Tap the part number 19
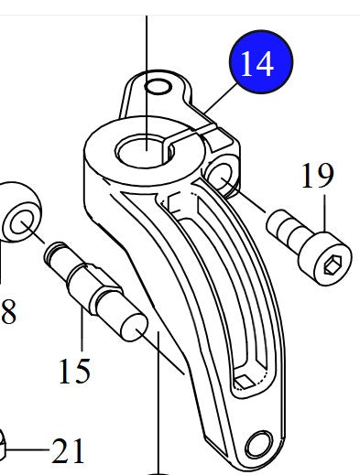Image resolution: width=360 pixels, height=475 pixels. [x=317, y=176]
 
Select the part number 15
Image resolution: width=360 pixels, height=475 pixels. [x=75, y=370]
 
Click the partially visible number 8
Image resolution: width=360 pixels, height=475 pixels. [x=8, y=313]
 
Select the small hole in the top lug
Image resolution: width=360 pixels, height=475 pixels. [x=158, y=87]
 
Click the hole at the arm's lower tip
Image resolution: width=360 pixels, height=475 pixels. [x=257, y=445]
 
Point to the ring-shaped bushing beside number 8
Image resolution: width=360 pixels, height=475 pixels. [x=20, y=214]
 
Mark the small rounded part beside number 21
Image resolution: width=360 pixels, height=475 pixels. [x=5, y=447]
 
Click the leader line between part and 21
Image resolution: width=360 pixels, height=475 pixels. [x=32, y=450]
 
